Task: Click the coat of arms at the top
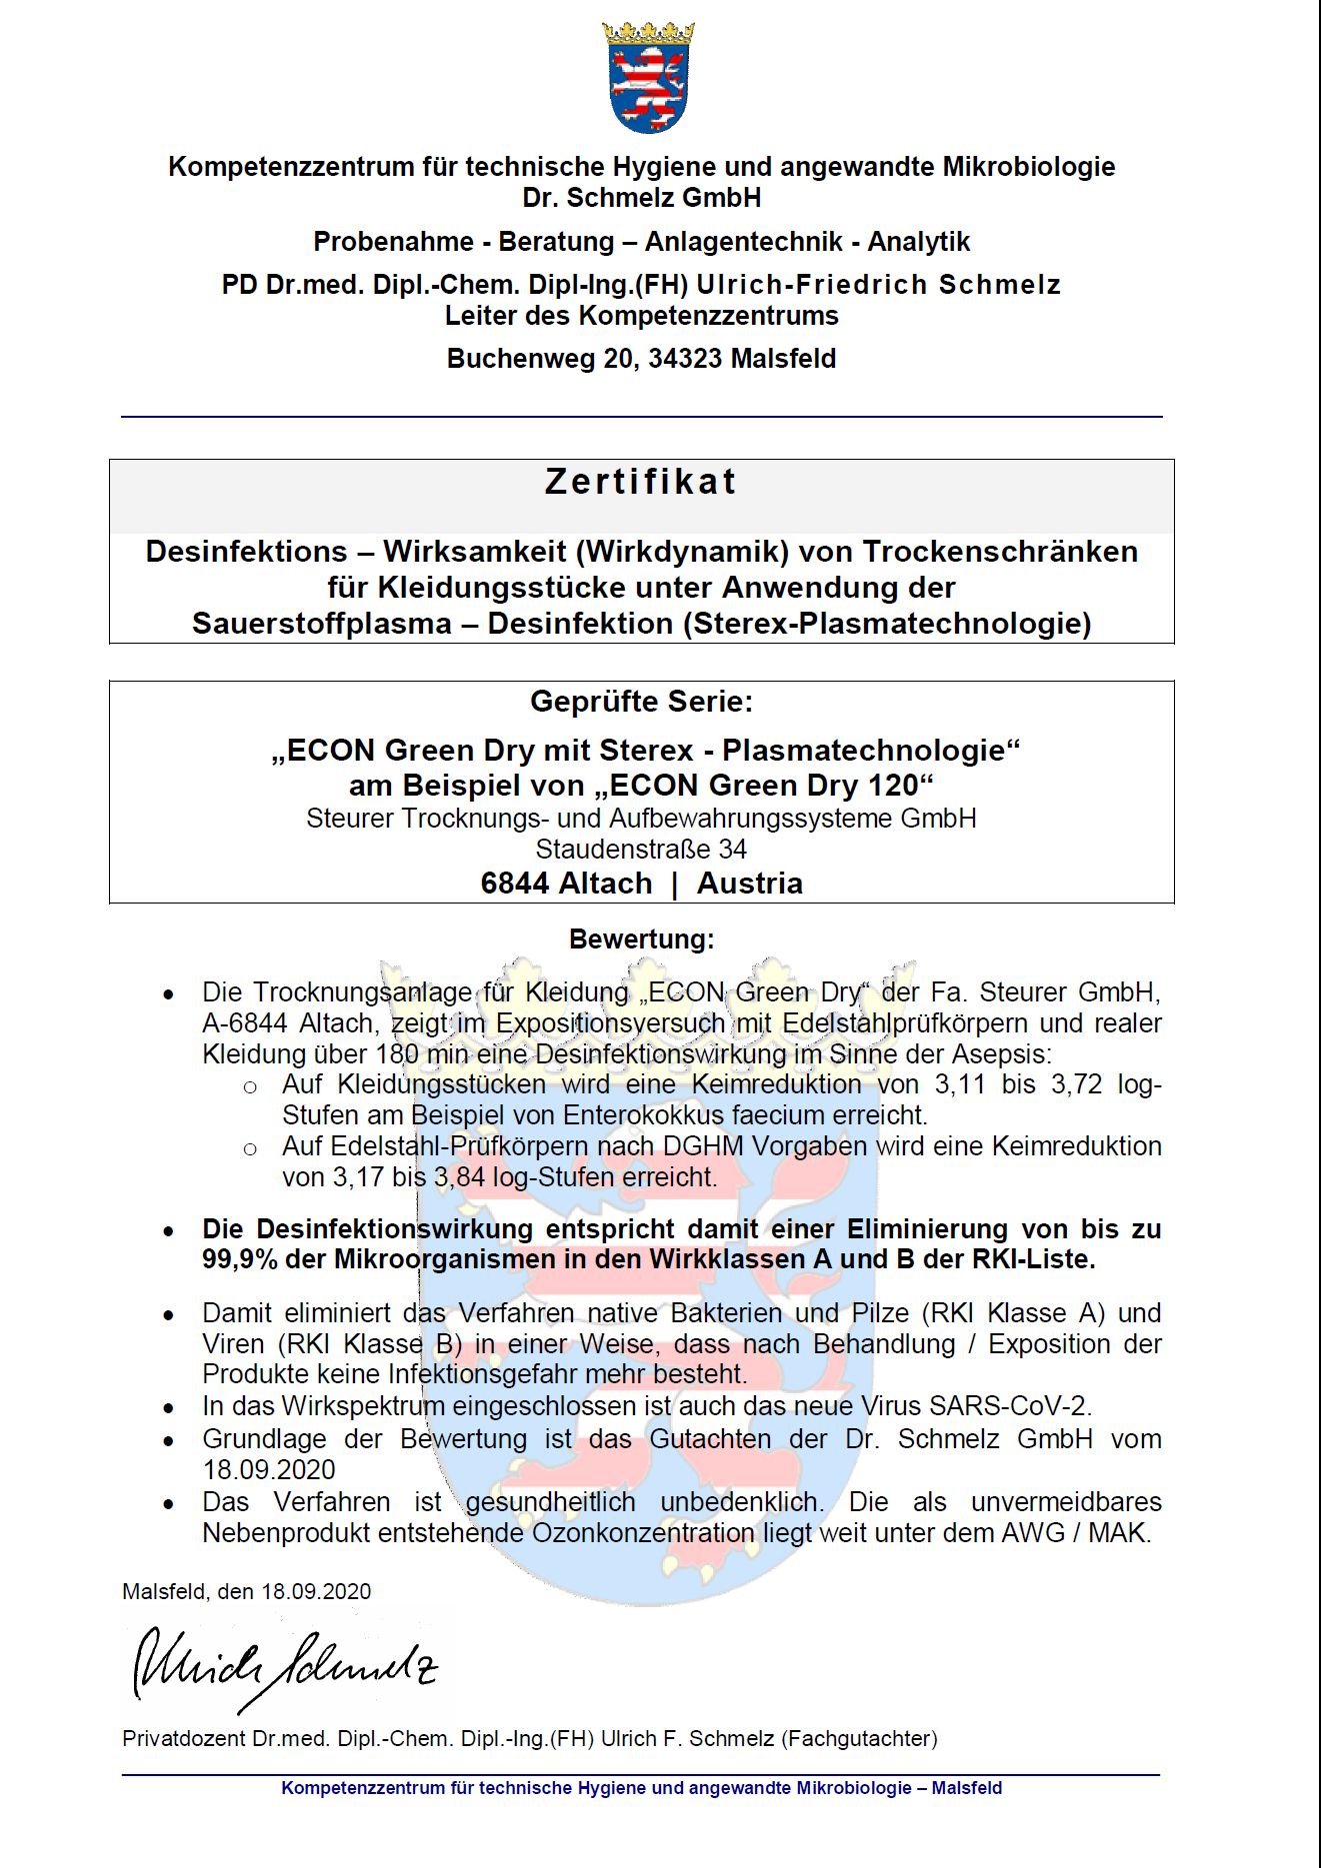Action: coord(648,78)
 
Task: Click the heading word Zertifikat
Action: coord(641,482)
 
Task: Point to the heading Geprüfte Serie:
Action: coord(641,702)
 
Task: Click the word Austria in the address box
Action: coord(749,884)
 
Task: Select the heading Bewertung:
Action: coord(641,939)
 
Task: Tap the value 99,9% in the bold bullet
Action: coord(240,1259)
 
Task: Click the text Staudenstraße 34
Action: coord(641,850)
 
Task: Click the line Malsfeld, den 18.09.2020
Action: coord(246,1592)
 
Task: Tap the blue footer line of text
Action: coord(641,1788)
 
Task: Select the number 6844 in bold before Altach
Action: coord(514,884)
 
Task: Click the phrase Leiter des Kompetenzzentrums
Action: coord(641,316)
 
